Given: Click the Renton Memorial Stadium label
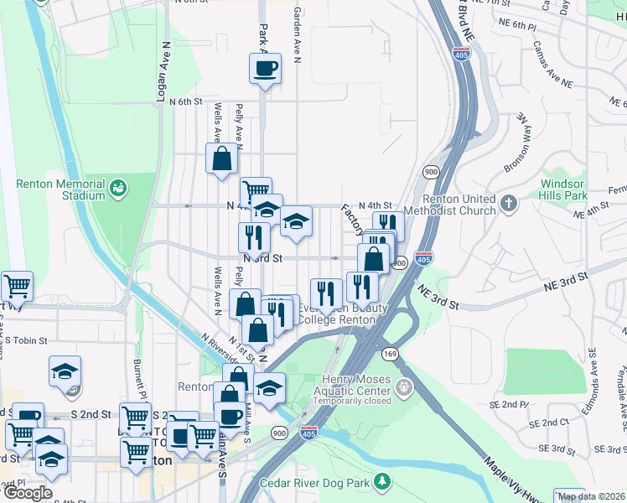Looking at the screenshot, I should [x=61, y=189].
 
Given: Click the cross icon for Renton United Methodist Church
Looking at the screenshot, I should [x=509, y=204].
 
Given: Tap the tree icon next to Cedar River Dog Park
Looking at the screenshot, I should [x=382, y=481].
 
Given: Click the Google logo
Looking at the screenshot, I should [x=28, y=493].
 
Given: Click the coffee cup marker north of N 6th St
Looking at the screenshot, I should [x=265, y=69].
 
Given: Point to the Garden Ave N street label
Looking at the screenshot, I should [x=297, y=34].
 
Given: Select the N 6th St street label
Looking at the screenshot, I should [x=185, y=101].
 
